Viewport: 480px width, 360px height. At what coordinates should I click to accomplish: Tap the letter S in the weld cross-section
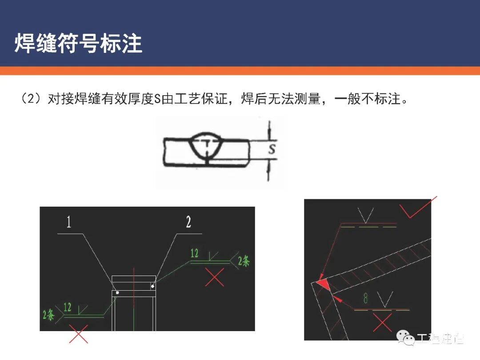pos(272,149)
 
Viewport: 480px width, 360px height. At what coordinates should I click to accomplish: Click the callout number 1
pos(69,222)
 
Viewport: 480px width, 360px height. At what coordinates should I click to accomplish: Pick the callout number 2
pos(188,222)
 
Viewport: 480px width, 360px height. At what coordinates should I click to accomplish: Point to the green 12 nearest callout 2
pos(195,253)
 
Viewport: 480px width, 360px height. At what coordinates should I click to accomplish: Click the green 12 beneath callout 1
pos(68,307)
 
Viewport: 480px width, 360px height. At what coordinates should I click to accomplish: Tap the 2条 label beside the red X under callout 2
pos(244,261)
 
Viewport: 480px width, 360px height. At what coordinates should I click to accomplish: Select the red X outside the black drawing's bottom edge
pos(79,334)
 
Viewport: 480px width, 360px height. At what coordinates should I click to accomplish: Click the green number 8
pos(366,299)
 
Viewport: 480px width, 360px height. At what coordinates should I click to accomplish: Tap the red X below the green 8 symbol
pos(382,322)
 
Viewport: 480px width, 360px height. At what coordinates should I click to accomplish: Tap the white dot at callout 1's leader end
pos(117,293)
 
